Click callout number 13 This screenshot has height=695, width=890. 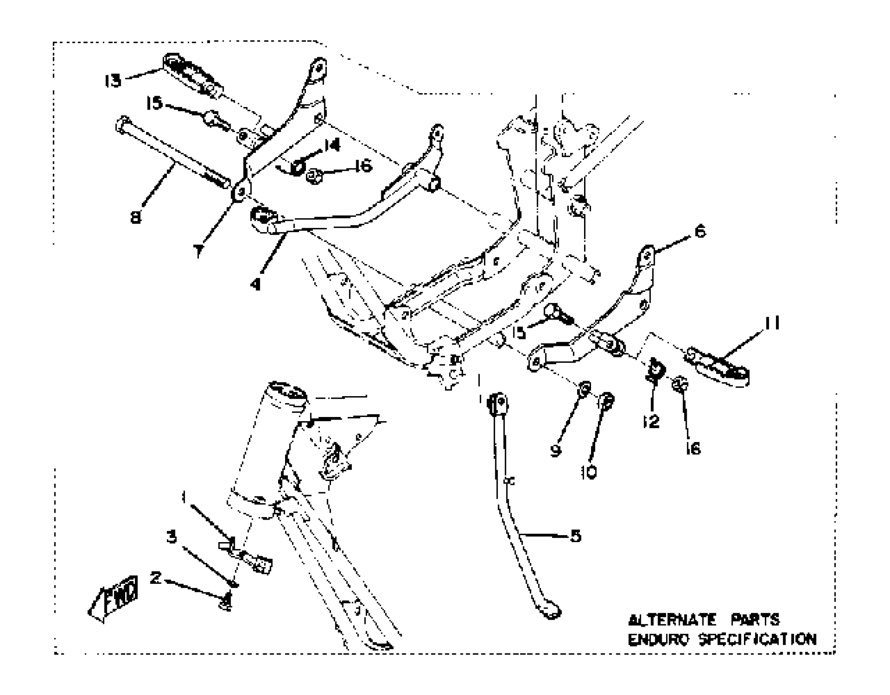pos(113,81)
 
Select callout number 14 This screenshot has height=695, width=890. pos(332,145)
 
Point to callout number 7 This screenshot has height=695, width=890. pos(198,251)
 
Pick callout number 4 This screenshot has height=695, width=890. pos(256,284)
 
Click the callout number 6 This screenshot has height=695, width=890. pos(700,232)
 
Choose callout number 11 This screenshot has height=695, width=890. pos(772,323)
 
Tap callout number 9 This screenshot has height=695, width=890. pos(555,451)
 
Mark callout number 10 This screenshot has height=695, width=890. pos(589,473)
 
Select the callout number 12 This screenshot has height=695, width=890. pos(651,421)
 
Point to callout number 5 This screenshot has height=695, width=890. pos(576,536)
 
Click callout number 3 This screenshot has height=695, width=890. pos(172,537)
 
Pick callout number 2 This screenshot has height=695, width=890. pos(155,578)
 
